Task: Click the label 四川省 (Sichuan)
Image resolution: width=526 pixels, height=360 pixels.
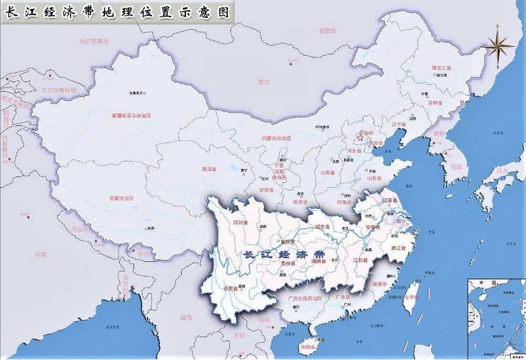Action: [x=240, y=222]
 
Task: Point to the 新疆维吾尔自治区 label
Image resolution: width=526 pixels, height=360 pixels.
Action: [x=132, y=116]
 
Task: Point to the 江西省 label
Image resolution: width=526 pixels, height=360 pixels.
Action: [x=359, y=260]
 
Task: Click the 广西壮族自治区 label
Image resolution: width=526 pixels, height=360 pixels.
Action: [x=305, y=297]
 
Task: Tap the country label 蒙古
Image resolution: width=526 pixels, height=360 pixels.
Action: [x=263, y=82]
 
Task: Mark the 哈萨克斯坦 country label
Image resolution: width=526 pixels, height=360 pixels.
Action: [x=94, y=40]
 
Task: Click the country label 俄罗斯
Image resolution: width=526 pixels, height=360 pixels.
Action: [x=328, y=30]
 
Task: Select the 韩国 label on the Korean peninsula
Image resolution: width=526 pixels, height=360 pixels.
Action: [x=455, y=167]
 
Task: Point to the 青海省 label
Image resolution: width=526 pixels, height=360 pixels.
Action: [x=209, y=170]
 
